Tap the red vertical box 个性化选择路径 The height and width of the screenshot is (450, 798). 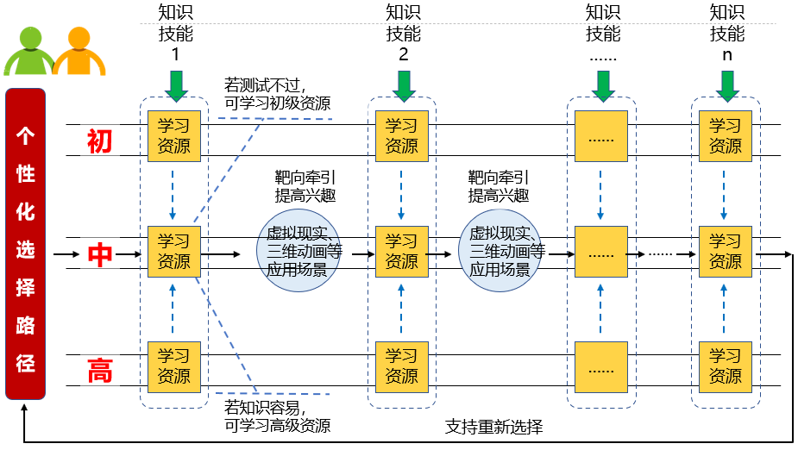[26, 244]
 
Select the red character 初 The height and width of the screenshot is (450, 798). [100, 140]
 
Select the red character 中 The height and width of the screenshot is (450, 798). [100, 254]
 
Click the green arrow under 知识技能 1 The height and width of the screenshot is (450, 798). [175, 85]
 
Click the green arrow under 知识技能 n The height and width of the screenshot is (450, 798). [727, 85]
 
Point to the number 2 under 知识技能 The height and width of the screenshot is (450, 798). [403, 54]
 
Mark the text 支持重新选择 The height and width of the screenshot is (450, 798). [493, 427]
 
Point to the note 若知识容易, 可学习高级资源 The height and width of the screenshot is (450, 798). [277, 415]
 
